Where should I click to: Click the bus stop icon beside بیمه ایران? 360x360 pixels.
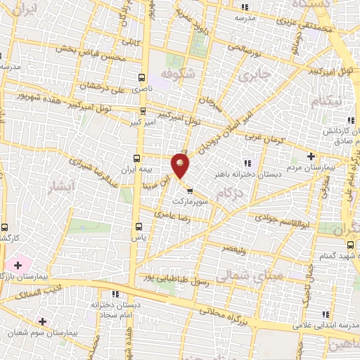click(138, 157)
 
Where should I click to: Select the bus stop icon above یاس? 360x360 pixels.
click(138, 226)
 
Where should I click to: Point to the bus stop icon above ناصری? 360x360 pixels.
click(143, 78)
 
